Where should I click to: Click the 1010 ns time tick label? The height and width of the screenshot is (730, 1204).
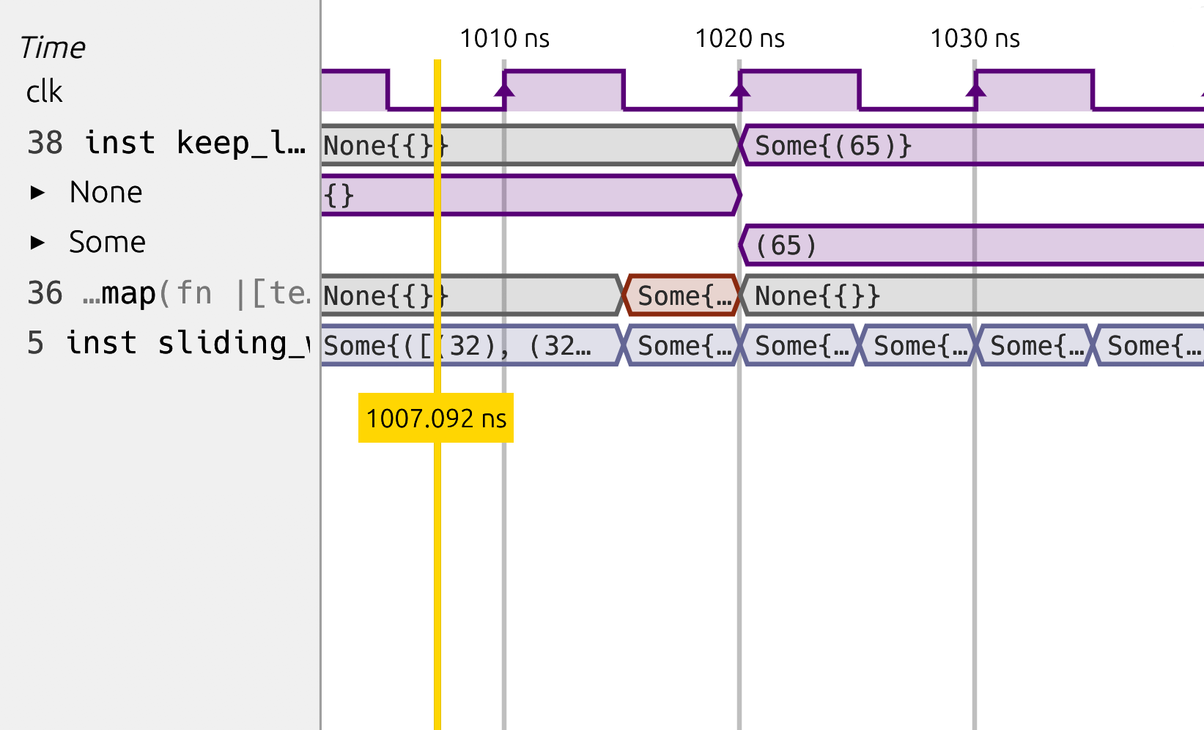coord(504,38)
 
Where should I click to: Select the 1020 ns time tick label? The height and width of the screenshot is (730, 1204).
coord(739,38)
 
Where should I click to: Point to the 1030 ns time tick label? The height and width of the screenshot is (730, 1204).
coord(975,38)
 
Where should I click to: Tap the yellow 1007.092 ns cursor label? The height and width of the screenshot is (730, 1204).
coord(436,419)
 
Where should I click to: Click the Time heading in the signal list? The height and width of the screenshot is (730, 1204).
coord(53,48)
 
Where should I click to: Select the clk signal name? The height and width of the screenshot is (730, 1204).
coord(44,92)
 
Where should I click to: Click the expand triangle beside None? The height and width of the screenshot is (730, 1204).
coord(37,193)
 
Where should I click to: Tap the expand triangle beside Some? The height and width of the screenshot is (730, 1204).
coord(37,243)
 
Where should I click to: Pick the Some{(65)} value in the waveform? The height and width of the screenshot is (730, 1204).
coord(833,146)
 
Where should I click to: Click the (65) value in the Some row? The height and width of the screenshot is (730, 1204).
coord(786,246)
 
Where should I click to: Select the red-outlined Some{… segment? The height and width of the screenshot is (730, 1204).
coord(682,296)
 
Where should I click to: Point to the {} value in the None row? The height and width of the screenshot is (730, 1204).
coord(339,196)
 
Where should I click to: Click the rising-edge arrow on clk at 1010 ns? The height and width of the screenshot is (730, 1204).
coord(504,89)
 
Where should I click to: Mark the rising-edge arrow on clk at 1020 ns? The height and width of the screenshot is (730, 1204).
coord(740,89)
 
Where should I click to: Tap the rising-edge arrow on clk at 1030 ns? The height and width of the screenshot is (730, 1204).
coord(975,89)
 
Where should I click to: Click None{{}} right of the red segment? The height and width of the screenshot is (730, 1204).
coord(817,296)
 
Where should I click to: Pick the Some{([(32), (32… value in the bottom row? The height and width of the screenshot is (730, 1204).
coord(457,346)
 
